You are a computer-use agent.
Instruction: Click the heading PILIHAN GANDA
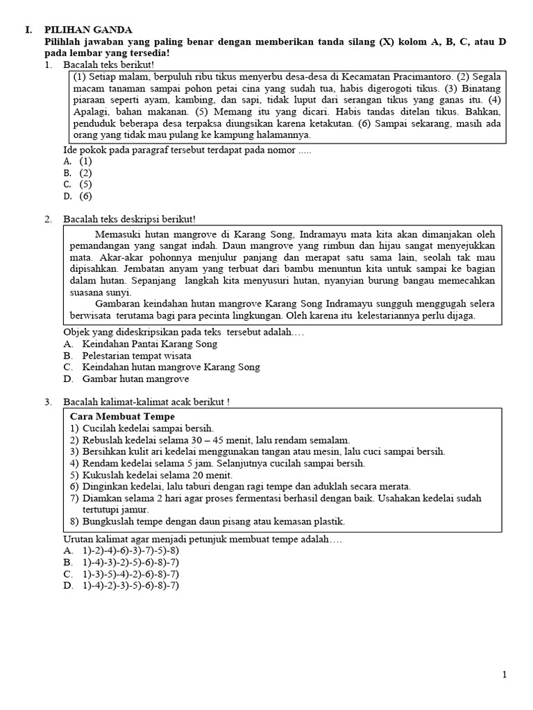tap(88, 30)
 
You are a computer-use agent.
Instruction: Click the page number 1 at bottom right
tap(505, 675)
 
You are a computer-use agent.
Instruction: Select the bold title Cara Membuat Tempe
tap(121, 417)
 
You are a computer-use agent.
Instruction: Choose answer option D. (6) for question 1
tap(78, 196)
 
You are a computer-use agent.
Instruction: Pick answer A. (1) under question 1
tap(78, 161)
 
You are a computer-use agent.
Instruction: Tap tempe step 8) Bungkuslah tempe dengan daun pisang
tap(208, 521)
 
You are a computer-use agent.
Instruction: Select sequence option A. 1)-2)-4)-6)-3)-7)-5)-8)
tap(121, 551)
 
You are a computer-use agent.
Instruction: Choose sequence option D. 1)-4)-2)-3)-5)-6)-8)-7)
tap(121, 586)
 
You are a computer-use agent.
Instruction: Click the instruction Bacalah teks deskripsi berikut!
tap(129, 219)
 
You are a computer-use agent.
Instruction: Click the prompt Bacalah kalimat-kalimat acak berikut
tap(146, 401)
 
